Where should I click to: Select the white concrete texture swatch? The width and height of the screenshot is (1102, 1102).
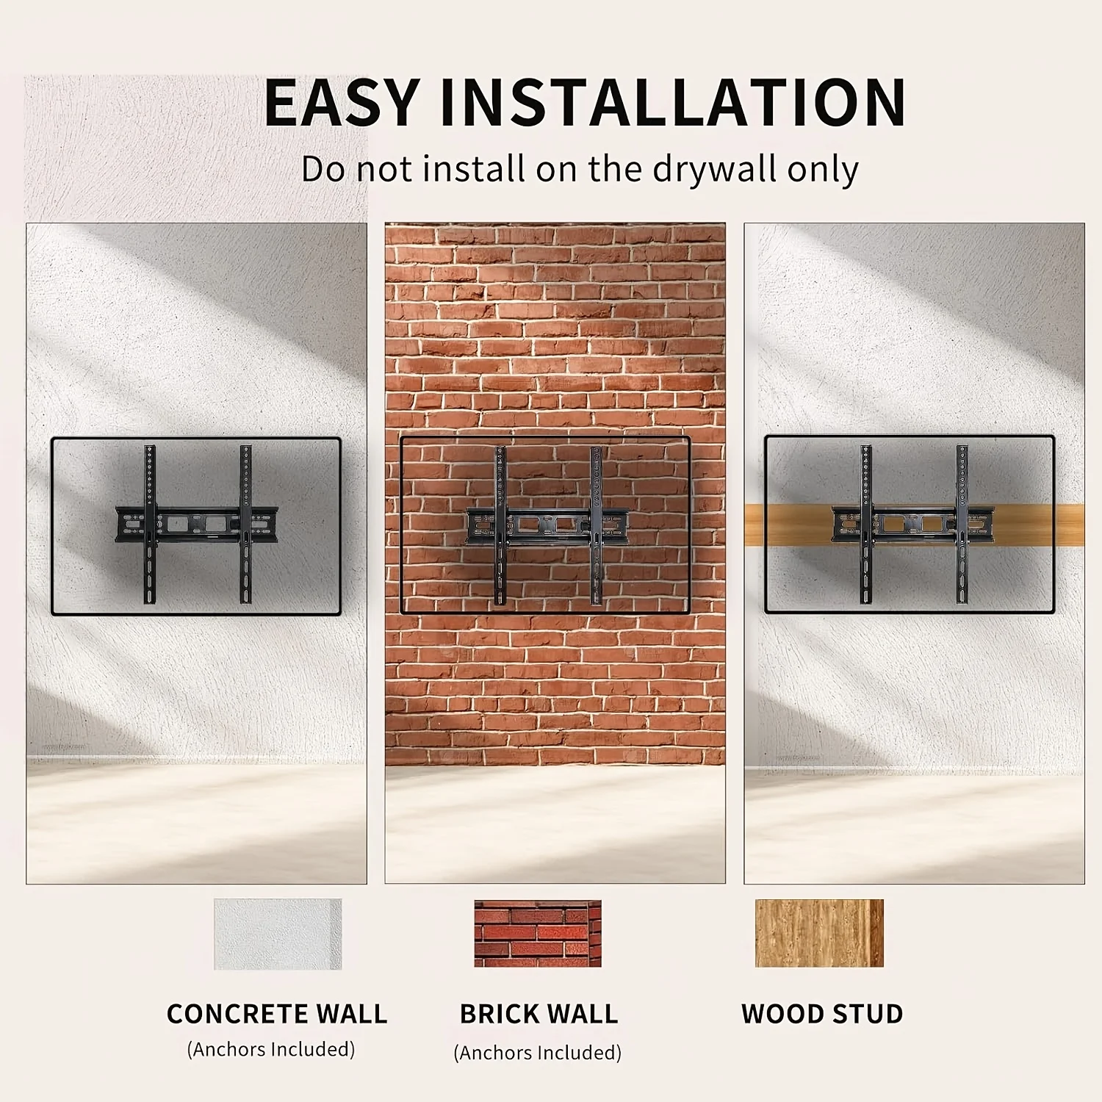pyautogui.click(x=278, y=934)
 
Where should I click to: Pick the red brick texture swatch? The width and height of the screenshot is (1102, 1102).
pyautogui.click(x=538, y=933)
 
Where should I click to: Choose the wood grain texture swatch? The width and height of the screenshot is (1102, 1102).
pyautogui.click(x=819, y=933)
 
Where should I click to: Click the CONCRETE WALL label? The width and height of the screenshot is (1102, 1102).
pyautogui.click(x=277, y=1014)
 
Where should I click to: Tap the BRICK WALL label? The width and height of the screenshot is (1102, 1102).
pyautogui.click(x=539, y=1014)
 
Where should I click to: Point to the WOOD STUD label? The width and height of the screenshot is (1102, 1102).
pyautogui.click(x=822, y=1014)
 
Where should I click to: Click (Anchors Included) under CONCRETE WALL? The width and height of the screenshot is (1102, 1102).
pyautogui.click(x=271, y=1049)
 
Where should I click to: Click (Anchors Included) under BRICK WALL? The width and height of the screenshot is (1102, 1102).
pyautogui.click(x=538, y=1053)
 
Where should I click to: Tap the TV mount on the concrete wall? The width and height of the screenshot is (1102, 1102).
pyautogui.click(x=197, y=525)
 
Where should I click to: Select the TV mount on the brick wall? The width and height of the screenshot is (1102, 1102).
pyautogui.click(x=547, y=525)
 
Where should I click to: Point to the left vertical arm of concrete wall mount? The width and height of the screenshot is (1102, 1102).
pyautogui.click(x=150, y=525)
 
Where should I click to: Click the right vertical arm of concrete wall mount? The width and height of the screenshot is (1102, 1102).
pyautogui.click(x=246, y=525)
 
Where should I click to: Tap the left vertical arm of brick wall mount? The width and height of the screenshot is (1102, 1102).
pyautogui.click(x=500, y=525)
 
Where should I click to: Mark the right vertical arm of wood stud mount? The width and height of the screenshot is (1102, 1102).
pyautogui.click(x=962, y=524)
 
